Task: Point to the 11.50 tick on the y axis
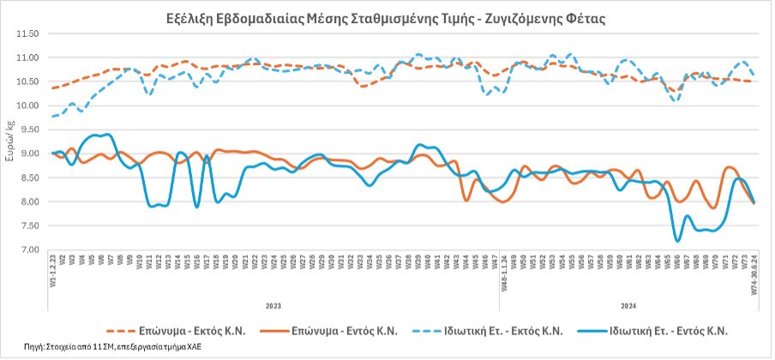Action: coord(28,33)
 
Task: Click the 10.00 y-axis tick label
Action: coord(28,105)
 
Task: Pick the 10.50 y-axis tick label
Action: coord(28,81)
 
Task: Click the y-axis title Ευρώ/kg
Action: coord(9,141)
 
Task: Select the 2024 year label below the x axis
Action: coord(628,304)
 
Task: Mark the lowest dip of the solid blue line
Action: coord(678,241)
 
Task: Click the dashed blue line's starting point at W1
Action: coord(53,116)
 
